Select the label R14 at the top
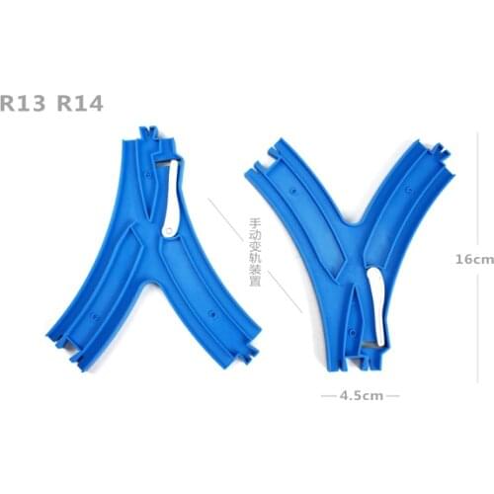coord(80,102)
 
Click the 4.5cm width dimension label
coord(360,395)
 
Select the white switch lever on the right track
coord(375,306)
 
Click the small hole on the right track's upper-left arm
coord(293,184)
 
